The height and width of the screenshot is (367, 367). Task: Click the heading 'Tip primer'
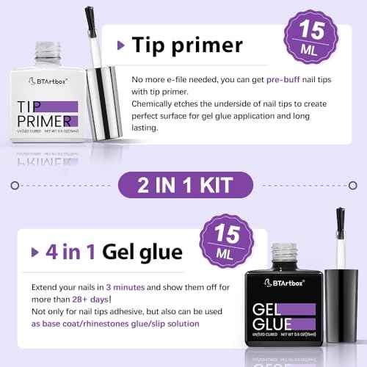(187, 45)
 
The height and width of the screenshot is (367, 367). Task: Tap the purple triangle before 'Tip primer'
(121, 46)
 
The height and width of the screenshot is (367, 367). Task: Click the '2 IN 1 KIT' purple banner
(183, 183)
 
